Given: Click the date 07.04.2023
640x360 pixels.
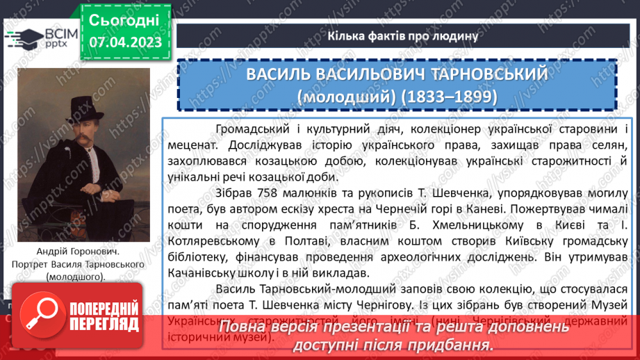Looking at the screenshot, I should pos(125,42).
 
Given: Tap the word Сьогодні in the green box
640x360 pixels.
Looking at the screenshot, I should pos(124,19).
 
